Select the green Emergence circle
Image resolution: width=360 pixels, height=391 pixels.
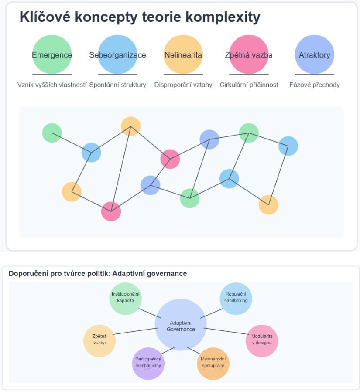coord(52,54)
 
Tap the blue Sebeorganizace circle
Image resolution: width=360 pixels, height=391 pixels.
coord(117,54)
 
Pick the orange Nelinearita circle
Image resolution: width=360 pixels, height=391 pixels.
coord(183,54)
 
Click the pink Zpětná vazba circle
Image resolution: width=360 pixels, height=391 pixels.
coord(249,54)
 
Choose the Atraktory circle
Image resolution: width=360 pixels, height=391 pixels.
coord(314,54)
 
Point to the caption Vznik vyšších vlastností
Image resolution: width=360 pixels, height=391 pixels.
coord(52,85)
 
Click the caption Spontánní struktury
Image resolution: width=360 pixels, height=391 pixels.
coord(117,85)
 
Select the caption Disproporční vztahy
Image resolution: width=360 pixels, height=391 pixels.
coord(183,85)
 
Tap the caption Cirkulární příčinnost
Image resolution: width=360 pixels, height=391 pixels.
coord(249,85)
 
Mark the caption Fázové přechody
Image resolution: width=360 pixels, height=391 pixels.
coord(314,85)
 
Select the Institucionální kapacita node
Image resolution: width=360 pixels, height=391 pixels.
coord(126,298)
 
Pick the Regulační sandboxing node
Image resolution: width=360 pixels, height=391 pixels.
coord(236,298)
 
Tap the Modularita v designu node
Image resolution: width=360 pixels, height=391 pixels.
coord(262,340)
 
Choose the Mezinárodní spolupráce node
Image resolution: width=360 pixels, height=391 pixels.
coord(213,362)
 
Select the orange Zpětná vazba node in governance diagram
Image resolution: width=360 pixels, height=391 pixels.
coord(99,340)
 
